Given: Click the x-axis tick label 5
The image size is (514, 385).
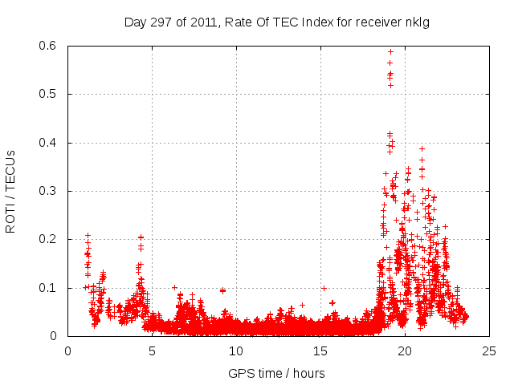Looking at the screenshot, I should pyautogui.click(x=152, y=351).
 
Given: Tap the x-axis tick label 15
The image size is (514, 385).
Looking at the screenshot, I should pyautogui.click(x=320, y=351).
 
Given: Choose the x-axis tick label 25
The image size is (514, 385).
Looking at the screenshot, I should pyautogui.click(x=489, y=351).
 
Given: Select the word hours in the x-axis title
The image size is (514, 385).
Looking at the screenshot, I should pyautogui.click(x=308, y=373).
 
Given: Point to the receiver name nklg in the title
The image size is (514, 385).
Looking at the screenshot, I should pyautogui.click(x=417, y=22).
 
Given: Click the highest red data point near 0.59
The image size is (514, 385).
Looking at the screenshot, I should pyautogui.click(x=390, y=51).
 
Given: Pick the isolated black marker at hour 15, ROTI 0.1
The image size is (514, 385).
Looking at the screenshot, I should pyautogui.click(x=324, y=287).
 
